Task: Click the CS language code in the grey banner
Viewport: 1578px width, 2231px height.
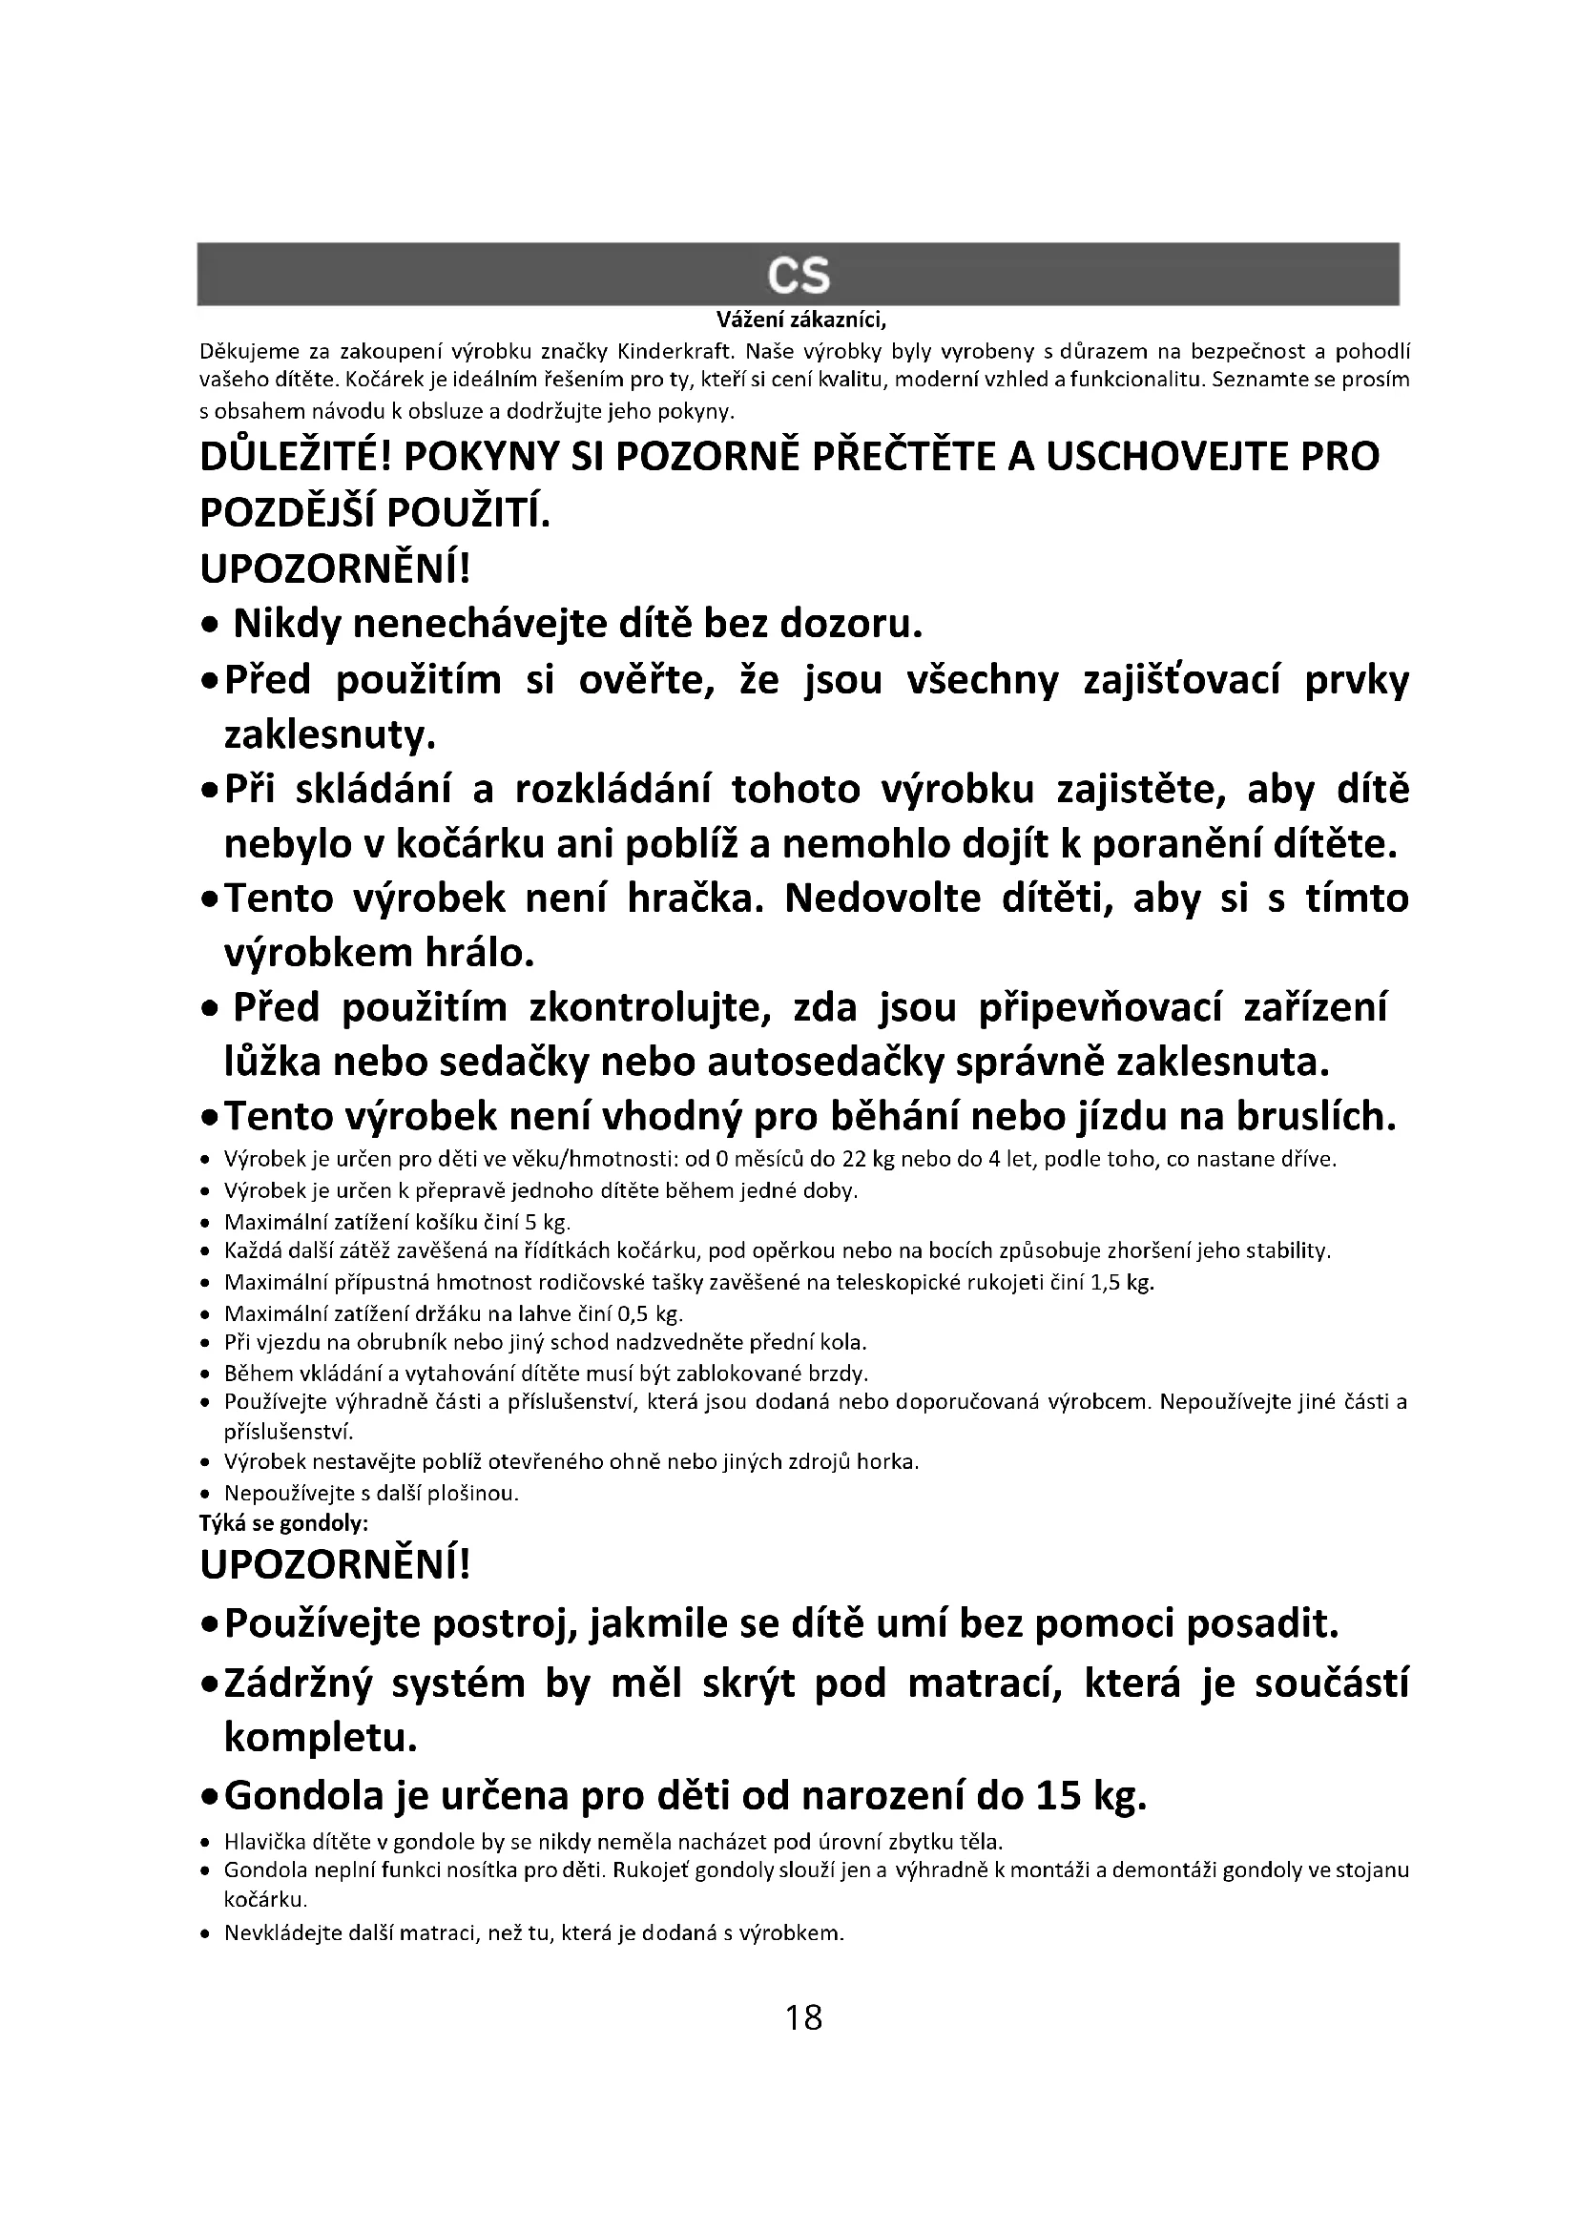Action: [798, 276]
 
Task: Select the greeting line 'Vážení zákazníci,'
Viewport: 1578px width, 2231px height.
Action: [801, 320]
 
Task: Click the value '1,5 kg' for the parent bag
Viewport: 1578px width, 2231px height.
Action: [1123, 1283]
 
